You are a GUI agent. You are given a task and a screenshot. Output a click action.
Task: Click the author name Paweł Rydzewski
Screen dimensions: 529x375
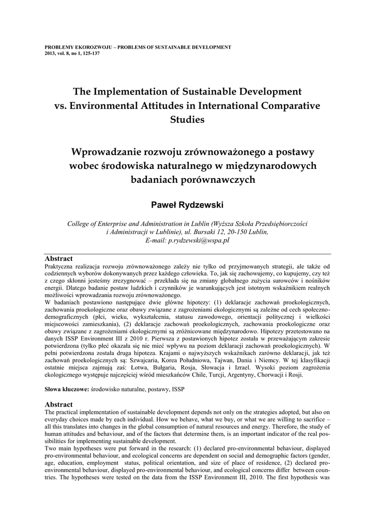(187, 205)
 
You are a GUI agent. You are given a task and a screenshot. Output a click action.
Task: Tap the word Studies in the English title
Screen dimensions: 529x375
(187, 119)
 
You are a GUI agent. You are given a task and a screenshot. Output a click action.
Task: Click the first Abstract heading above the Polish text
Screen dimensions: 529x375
(58, 258)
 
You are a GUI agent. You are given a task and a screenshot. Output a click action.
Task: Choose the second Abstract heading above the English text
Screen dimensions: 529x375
(58, 404)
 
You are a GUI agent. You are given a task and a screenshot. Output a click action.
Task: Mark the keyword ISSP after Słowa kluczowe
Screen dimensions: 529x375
(177, 388)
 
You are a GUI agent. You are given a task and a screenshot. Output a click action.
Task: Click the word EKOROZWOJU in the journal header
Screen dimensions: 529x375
(87, 47)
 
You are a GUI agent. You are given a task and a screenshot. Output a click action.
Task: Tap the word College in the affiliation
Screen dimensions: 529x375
(80, 224)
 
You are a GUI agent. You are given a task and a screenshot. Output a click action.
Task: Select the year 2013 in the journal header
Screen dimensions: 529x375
(50, 53)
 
